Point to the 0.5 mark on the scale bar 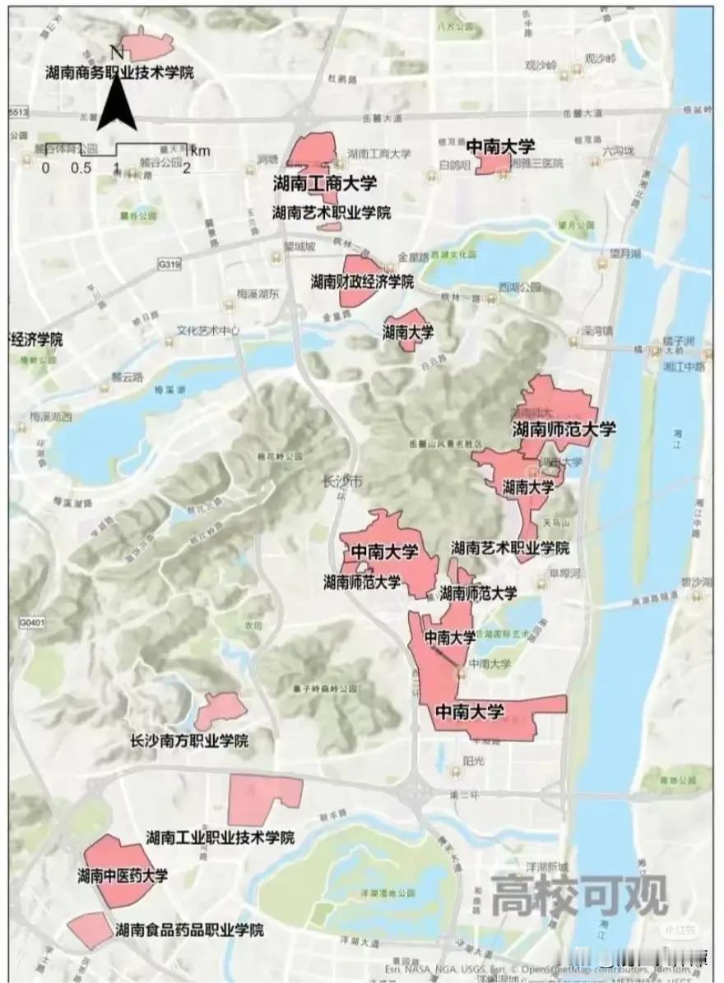click(x=81, y=168)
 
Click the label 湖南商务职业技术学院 click(x=119, y=72)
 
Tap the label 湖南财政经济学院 click(x=362, y=281)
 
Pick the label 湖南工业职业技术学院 click(x=220, y=838)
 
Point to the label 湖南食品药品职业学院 click(x=190, y=930)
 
